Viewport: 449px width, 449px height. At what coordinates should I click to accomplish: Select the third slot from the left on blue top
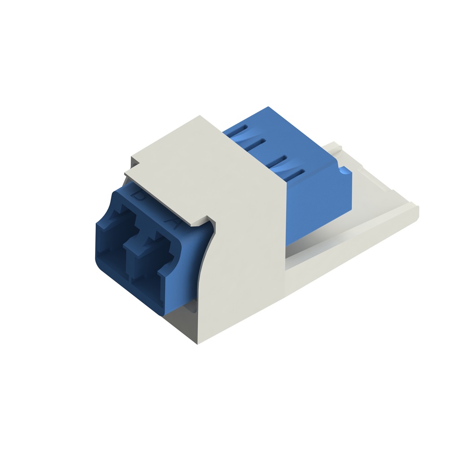coord(278,159)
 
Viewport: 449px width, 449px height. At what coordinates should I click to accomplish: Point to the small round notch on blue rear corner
coord(344,170)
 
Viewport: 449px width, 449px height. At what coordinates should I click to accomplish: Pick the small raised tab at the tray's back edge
coord(333,146)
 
